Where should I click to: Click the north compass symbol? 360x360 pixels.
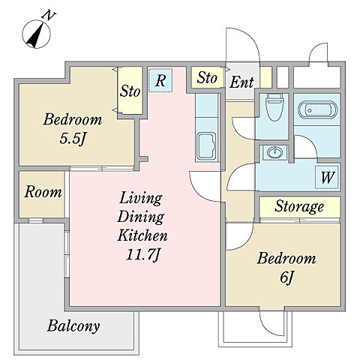point(37,34)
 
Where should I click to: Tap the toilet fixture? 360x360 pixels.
point(274,107)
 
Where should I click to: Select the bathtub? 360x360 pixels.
point(317,109)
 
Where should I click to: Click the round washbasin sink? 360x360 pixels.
point(274,152)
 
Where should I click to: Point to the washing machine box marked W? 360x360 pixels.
point(327,177)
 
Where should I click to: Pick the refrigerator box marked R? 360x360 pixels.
point(160,80)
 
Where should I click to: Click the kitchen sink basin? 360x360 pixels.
point(206,146)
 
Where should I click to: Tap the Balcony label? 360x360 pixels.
point(73,326)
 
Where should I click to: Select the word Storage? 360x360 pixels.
point(299,206)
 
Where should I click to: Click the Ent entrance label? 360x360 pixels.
point(241,82)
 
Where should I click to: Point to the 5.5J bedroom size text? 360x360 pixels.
point(73,139)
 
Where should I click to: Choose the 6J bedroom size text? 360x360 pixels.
point(286,277)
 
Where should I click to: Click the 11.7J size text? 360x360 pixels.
point(142,255)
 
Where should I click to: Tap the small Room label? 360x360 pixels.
point(43,192)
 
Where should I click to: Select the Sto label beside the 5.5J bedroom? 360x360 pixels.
point(130,91)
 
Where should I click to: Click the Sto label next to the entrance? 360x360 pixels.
point(207,78)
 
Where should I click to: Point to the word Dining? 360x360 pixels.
point(141,217)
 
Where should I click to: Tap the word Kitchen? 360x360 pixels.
point(142,235)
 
